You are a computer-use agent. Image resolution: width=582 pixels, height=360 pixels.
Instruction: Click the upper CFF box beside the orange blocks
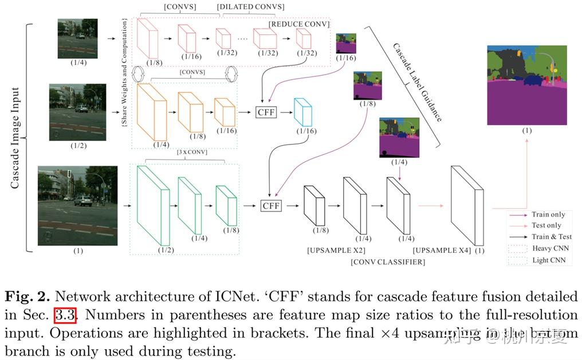click(266, 112)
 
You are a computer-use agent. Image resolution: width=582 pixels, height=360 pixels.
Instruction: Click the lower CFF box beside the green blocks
click(271, 206)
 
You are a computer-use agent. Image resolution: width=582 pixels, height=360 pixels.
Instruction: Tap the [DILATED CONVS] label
click(250, 7)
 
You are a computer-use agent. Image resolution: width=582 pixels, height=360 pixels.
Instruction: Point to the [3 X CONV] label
click(192, 152)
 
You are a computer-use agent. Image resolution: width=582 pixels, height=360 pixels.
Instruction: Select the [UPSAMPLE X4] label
click(442, 251)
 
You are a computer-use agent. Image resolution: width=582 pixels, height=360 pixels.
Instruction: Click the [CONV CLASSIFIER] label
click(388, 262)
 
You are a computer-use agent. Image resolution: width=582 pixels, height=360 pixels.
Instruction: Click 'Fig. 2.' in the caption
click(25, 297)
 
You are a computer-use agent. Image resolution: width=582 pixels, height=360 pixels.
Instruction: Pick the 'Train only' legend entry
click(548, 214)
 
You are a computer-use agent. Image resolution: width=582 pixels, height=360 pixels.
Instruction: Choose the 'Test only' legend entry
click(546, 225)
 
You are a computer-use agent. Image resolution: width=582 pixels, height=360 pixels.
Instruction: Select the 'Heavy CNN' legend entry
click(550, 248)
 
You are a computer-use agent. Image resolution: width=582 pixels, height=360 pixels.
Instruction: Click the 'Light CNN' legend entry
click(549, 260)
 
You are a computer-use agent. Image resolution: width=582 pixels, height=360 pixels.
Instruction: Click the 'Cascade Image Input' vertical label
click(15, 138)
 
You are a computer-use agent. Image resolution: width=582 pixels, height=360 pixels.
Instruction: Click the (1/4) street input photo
click(77, 38)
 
